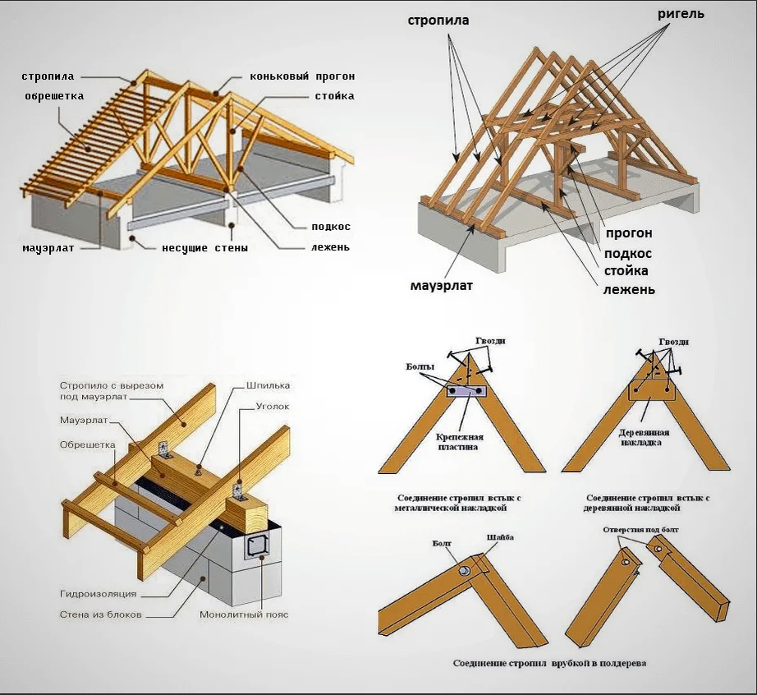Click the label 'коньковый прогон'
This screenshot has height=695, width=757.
[x=302, y=76]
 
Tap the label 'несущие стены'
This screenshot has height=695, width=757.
[x=204, y=246]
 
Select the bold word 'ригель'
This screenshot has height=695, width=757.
[x=681, y=14]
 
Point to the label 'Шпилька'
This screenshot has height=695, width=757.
[x=268, y=384]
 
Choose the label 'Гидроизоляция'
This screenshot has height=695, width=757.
[x=98, y=593]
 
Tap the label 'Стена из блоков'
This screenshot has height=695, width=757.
[x=100, y=614]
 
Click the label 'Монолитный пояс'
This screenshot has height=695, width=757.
[x=244, y=614]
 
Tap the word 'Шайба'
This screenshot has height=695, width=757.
[x=500, y=537]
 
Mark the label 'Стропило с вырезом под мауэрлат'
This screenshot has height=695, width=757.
[x=112, y=391]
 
